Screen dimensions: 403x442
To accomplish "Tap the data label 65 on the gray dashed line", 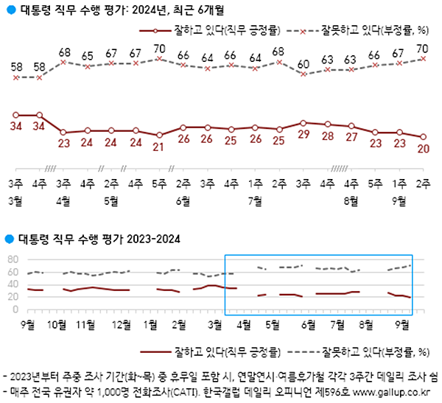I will [87, 56].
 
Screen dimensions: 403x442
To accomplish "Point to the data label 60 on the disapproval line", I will [304, 64].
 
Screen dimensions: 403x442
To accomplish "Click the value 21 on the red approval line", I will [159, 146].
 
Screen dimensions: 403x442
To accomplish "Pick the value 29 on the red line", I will [304, 136].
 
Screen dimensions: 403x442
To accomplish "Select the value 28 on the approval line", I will [327, 137].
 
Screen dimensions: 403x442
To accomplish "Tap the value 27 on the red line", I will [351, 138].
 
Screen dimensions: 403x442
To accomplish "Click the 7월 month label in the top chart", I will [255, 200].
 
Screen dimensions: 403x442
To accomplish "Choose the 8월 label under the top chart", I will [351, 200].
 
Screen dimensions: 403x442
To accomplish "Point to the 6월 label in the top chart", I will [183, 200].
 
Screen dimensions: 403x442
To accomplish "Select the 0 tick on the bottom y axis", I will [15, 309].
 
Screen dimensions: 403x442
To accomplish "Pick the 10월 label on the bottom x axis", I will [57, 323].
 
